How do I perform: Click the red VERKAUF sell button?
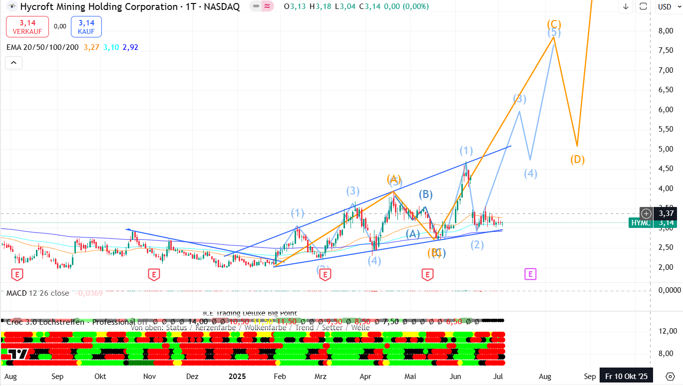(27, 26)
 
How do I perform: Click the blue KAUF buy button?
(86, 26)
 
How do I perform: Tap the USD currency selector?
(665, 6)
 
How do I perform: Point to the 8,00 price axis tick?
(668, 31)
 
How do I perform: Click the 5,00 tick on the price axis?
(668, 149)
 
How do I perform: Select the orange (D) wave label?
(577, 160)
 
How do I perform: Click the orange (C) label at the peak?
(554, 24)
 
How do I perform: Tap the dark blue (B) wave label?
(425, 194)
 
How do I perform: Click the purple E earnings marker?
(530, 274)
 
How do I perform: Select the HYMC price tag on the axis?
(640, 223)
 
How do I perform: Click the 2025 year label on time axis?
(237, 376)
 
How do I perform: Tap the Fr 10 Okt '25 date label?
(626, 376)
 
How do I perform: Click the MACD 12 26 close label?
(37, 293)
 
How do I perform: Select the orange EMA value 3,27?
(91, 47)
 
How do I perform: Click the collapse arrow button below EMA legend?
(13, 63)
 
